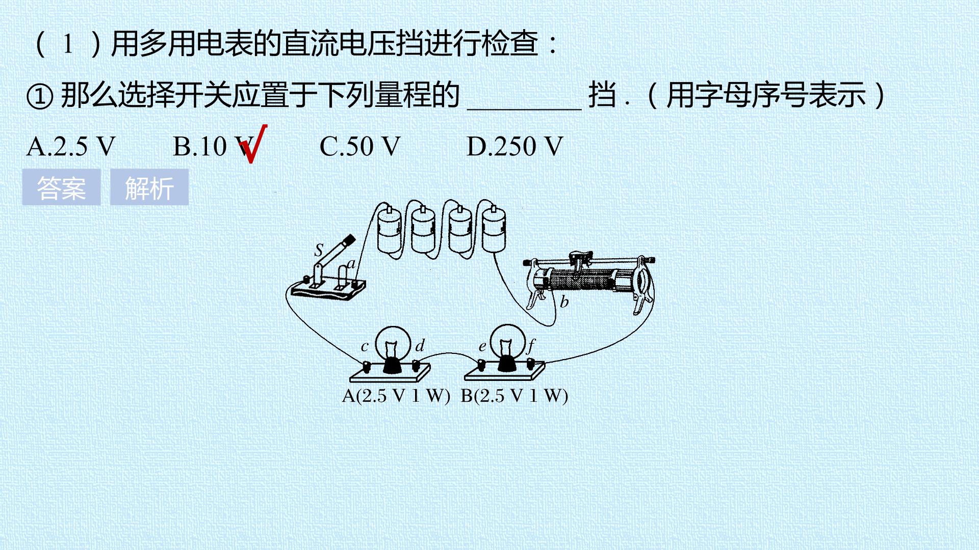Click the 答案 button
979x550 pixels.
point(61,187)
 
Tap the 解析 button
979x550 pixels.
point(149,187)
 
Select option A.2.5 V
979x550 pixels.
point(71,147)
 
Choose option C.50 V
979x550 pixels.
point(360,147)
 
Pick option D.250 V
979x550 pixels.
point(515,147)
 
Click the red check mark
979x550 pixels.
point(253,144)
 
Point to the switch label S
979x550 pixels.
point(319,250)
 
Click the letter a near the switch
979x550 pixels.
point(351,264)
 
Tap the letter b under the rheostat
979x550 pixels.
point(564,301)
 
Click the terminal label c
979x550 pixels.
point(365,347)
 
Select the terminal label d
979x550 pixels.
point(420,346)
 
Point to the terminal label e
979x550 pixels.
point(482,347)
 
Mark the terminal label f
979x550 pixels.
point(531,346)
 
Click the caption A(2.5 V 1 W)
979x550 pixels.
point(396,396)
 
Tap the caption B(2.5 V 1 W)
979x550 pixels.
point(514,396)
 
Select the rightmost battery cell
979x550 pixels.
point(494,229)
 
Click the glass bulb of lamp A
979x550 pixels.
point(393,342)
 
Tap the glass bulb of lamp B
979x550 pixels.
point(507,341)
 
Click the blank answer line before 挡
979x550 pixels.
point(525,108)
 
